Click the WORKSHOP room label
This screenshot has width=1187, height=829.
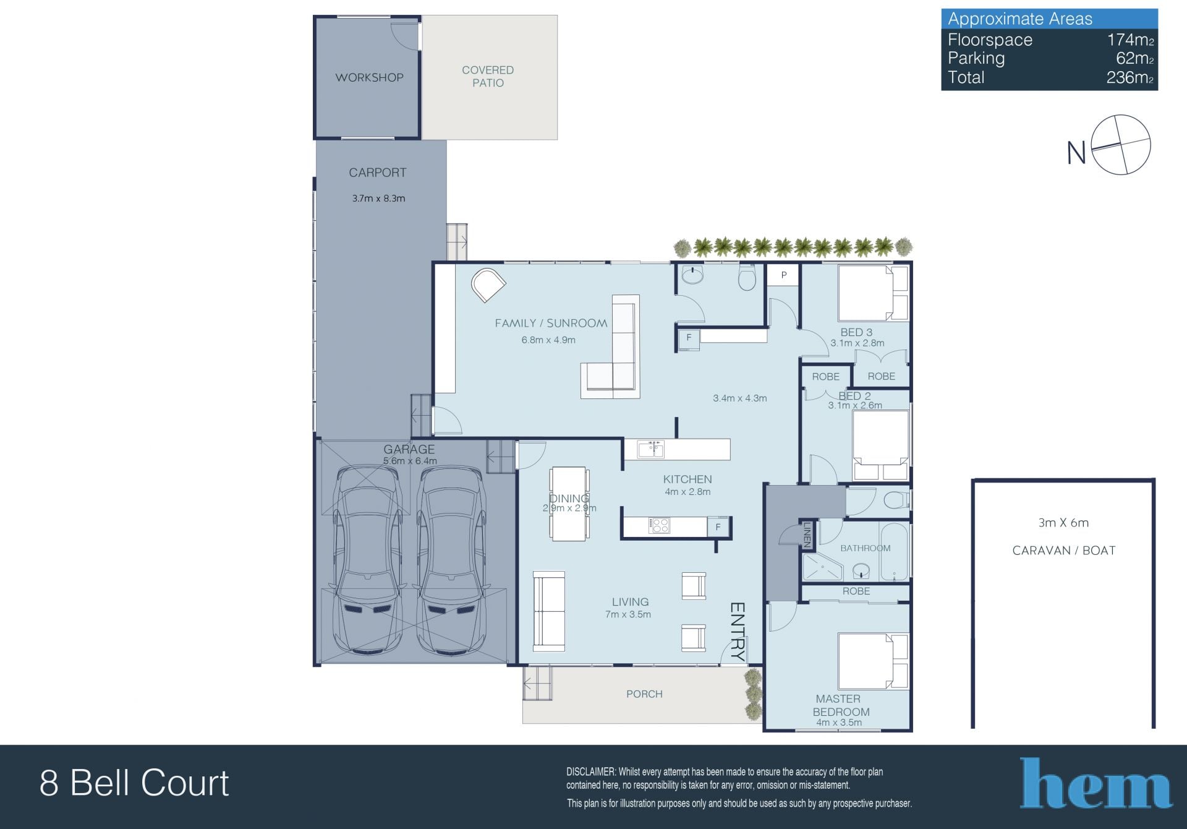[x=369, y=77]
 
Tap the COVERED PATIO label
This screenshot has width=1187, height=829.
[x=488, y=76]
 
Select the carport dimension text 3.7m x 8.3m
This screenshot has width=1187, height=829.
[x=378, y=199]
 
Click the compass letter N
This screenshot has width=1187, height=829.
[x=1076, y=152]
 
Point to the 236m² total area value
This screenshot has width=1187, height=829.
[x=1130, y=77]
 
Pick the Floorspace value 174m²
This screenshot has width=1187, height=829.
[x=1130, y=40]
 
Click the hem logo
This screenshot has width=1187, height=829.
[x=1096, y=783]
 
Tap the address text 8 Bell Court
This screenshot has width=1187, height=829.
[x=134, y=783]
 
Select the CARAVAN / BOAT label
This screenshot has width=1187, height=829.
[x=1064, y=551]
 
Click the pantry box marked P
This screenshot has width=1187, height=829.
[x=783, y=275]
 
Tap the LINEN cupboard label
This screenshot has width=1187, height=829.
[x=807, y=535]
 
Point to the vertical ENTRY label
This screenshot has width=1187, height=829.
[x=738, y=630]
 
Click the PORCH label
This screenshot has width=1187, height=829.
[x=644, y=694]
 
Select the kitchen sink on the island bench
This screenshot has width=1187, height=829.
[x=651, y=449]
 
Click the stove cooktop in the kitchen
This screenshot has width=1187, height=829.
[x=659, y=526]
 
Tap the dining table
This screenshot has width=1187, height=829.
[x=569, y=504]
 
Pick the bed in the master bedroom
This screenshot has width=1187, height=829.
[x=873, y=661]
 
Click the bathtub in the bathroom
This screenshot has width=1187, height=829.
[x=894, y=552]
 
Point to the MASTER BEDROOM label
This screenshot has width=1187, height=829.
[x=840, y=705]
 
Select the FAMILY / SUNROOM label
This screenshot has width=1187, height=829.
[x=551, y=323]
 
